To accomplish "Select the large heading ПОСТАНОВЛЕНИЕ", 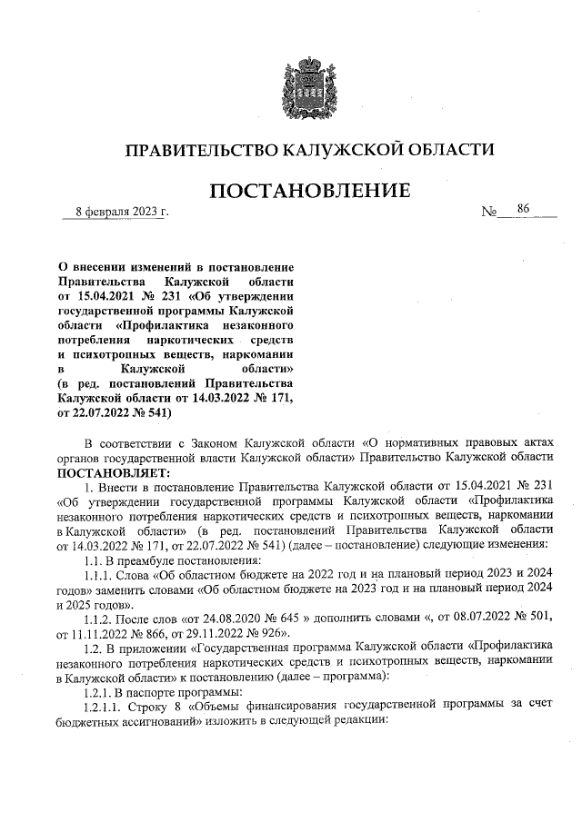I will pos(310,192).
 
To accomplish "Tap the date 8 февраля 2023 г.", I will pos(115,213).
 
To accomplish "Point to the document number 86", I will pos(523,209).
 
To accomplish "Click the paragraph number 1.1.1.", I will pos(95,574).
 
